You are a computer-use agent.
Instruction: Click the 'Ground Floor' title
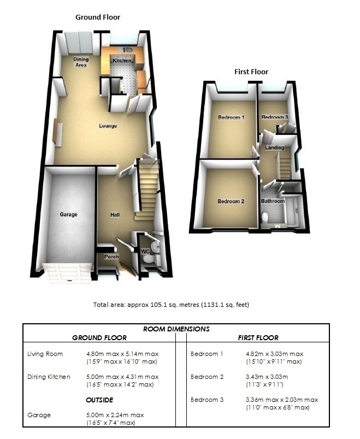(97, 17)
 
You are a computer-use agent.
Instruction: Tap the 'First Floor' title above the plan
(251, 72)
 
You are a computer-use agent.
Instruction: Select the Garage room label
(68, 215)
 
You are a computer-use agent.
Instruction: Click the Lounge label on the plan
(108, 126)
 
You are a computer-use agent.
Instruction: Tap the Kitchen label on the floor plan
(122, 60)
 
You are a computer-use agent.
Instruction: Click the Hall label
(115, 215)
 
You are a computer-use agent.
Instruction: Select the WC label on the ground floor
(145, 252)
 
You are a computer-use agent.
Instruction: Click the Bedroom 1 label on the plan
(231, 117)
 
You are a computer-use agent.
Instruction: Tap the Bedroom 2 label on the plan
(231, 201)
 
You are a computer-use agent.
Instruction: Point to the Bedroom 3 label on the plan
(274, 117)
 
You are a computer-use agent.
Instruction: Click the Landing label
(274, 148)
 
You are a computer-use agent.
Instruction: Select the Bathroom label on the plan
(273, 201)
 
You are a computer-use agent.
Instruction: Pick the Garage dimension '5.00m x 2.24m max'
(115, 415)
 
